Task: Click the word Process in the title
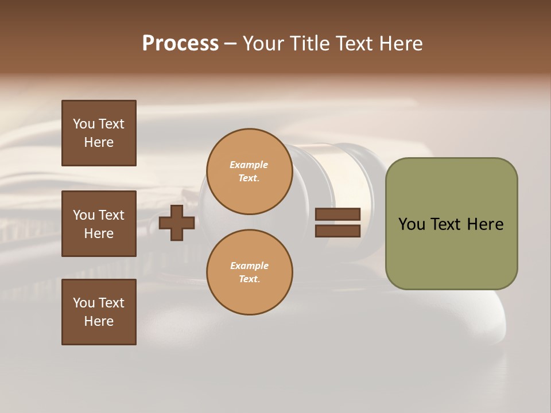coord(180,44)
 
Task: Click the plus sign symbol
coord(177,223)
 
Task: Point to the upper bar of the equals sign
coord(337,214)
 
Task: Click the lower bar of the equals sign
coord(337,231)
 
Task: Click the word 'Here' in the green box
coord(485,224)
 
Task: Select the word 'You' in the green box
coord(411,224)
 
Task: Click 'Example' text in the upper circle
coord(249,165)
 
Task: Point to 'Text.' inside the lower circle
coord(249,279)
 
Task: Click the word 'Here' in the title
coord(401,44)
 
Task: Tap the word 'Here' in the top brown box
coord(99,142)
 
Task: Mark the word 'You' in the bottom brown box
coord(84,303)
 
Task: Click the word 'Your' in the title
coord(263,44)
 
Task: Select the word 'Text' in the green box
coord(447,224)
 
